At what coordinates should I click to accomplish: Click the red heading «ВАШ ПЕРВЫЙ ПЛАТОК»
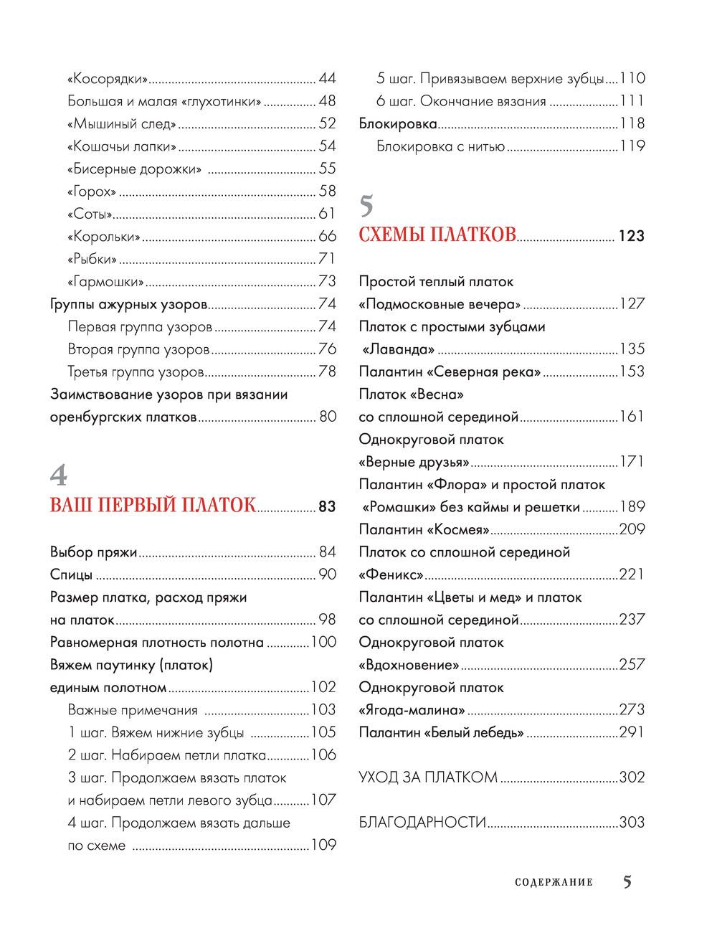pos(152,505)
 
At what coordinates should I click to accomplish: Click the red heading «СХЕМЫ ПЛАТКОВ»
pos(437,235)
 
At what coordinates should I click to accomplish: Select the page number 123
pos(631,236)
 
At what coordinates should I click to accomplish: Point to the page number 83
pos(327,506)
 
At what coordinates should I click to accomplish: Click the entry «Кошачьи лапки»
pos(121,146)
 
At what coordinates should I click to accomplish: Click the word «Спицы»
pos(72,574)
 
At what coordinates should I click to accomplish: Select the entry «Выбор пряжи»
pos(93,552)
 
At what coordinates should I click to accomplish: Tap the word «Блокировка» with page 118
pos(397,124)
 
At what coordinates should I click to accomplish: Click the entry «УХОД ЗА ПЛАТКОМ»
pos(427,777)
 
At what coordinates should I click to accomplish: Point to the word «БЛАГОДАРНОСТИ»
pos(422,823)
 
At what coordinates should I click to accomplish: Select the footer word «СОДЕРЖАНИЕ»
pos(554,882)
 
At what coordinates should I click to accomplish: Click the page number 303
pos(632,823)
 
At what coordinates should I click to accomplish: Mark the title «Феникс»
pos(391,574)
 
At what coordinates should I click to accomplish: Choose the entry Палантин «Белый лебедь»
pos(441,732)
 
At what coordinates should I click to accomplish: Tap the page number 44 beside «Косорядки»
pos(327,79)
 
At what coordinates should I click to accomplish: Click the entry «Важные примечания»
pos(133,710)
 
